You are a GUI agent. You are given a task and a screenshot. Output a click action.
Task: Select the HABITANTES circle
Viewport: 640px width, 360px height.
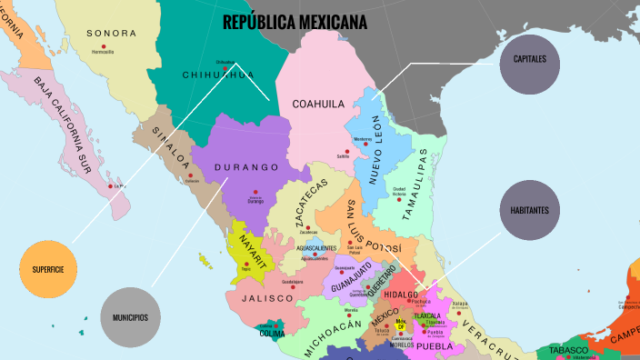(530, 209)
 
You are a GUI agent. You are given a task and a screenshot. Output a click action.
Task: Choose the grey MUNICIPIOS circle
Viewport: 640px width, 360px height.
(131, 317)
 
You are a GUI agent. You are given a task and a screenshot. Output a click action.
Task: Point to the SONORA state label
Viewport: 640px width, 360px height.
(111, 33)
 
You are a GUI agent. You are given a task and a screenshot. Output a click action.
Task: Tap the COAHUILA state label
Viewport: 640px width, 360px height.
(317, 104)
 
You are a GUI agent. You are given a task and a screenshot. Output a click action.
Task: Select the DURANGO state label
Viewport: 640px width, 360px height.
(246, 167)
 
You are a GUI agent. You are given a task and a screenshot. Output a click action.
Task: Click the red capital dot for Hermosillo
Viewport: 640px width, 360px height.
(104, 46)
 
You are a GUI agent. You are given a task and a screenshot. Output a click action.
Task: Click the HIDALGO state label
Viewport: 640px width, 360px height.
(400, 295)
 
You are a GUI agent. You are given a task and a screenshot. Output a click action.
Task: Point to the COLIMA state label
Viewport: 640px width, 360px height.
(272, 332)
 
